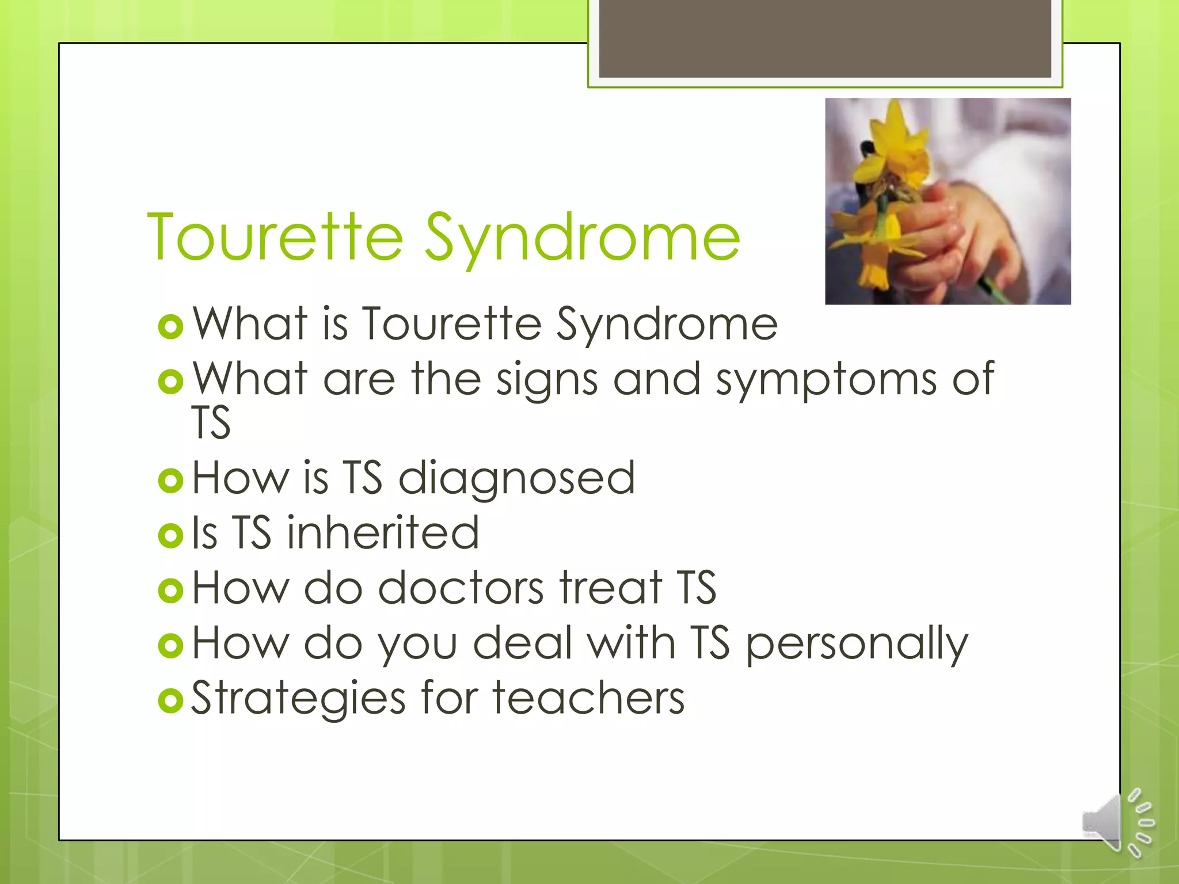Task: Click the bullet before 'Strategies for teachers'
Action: [170, 700]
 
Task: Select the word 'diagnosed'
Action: [516, 478]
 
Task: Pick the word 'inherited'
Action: [383, 533]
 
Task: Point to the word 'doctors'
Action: [461, 588]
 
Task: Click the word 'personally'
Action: [857, 643]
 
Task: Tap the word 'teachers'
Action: [588, 698]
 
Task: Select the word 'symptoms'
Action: [826, 380]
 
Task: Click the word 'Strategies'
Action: [298, 698]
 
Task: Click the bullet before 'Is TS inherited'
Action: [170, 535]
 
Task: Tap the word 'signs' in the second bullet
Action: [547, 380]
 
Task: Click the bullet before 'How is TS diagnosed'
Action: [170, 480]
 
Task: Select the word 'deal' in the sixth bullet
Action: [523, 643]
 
